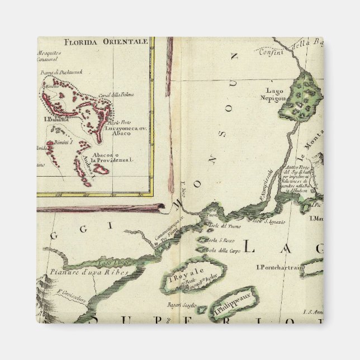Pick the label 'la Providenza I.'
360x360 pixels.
pyautogui.click(x=117, y=160)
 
